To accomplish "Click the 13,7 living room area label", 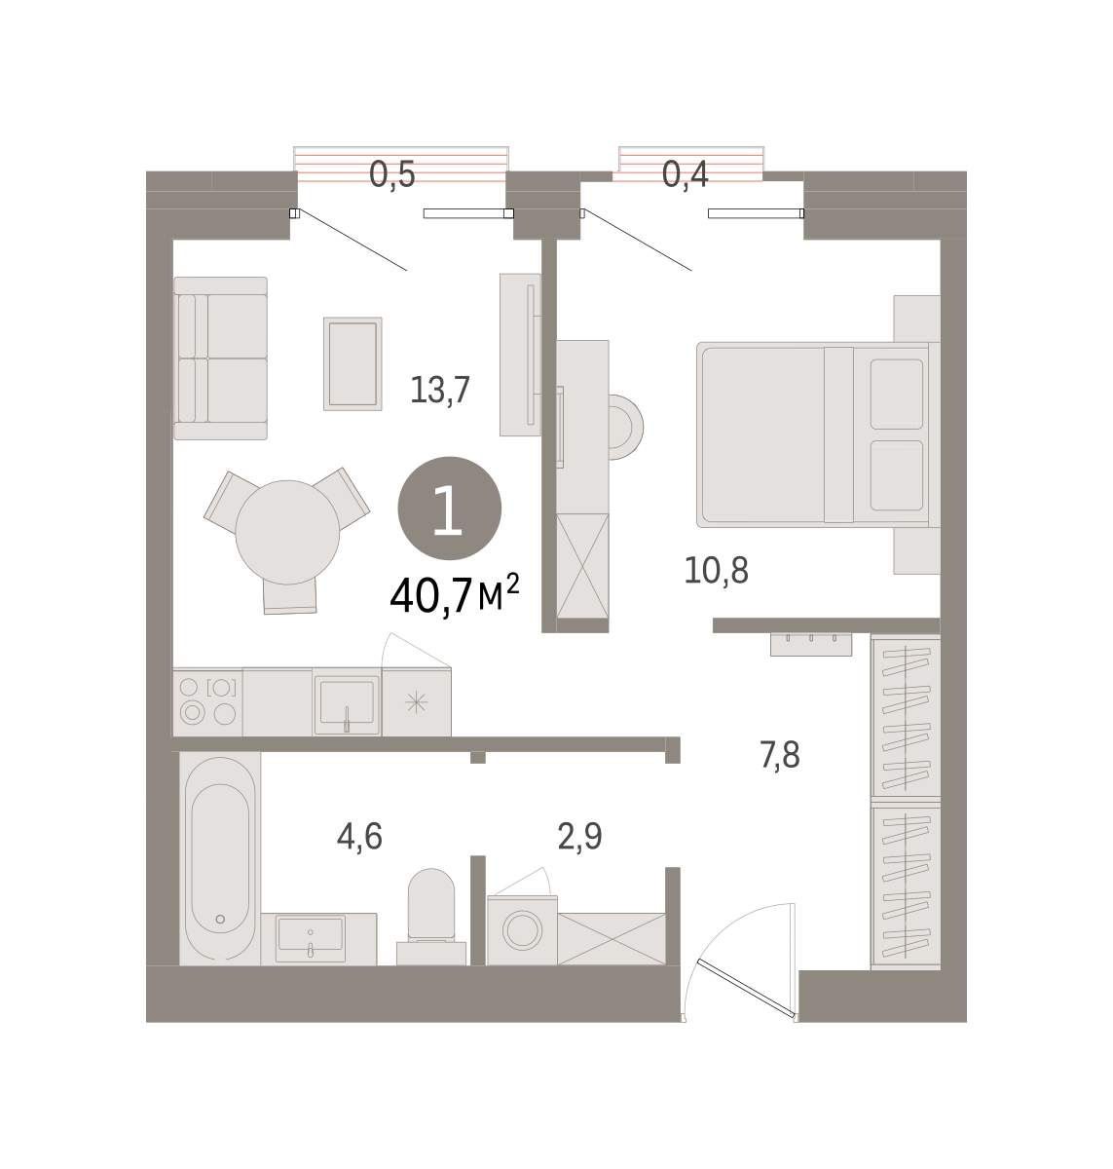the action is pos(440,391).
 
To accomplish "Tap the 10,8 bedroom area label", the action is pos(716,570).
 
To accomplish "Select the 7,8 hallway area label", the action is pos(780,756).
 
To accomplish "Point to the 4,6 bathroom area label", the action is pos(359,837).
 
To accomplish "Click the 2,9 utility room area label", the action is pos(579,837).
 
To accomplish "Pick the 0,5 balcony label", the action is pos(391,174).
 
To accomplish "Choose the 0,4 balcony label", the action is pos(685,174).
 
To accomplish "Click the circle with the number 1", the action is pos(450,509).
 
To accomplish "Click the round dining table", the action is pos(287,533).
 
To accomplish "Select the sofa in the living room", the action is pos(221,358).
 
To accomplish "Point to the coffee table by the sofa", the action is pos(352,363).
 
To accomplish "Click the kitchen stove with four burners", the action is pos(207,702).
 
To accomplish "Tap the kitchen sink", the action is pos(347,702).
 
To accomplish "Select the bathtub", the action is pos(220,858).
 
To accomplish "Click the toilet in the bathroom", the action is pos(431,917).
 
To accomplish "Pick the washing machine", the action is pos(522,930).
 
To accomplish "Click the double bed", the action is pos(818,434).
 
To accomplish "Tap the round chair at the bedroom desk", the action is pos(625,427).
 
